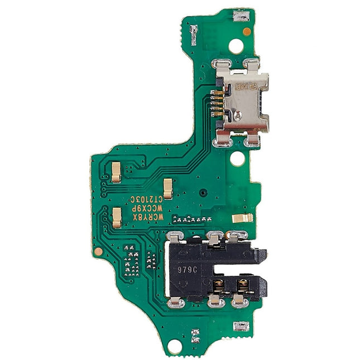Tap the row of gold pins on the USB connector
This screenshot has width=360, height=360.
click(218, 101)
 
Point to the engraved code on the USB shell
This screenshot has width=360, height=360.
click(246, 88)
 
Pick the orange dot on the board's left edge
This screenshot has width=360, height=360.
click(98, 251)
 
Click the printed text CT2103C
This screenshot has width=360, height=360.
click(146, 199)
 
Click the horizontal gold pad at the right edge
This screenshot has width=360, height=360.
click(242, 218)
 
